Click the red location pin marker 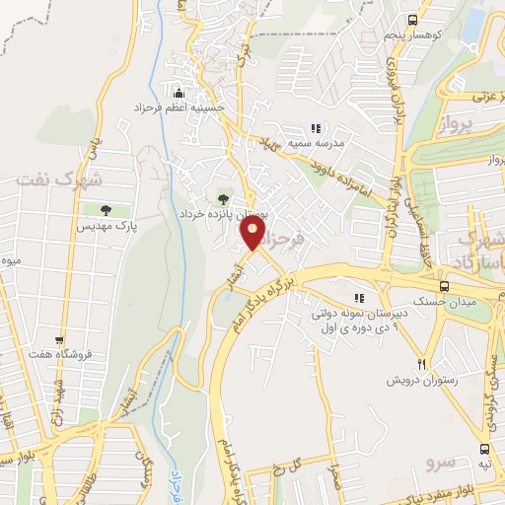[x=252, y=233]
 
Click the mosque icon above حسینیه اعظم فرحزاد [x=180, y=87]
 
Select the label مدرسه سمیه [x=318, y=143]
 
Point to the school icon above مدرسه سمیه [x=317, y=127]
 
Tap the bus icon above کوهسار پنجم [x=411, y=20]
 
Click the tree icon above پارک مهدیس [x=103, y=209]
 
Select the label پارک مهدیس [x=106, y=225]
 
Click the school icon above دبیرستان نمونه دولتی [x=360, y=297]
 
